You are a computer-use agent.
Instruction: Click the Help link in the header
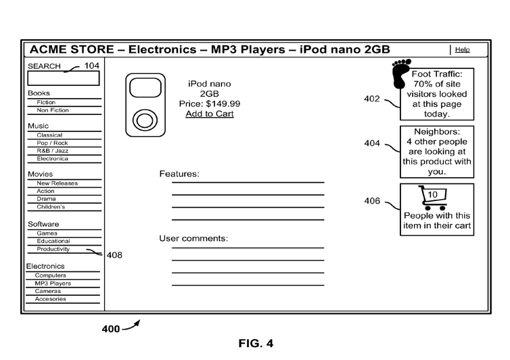(x=462, y=49)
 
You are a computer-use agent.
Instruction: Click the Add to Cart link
(x=210, y=114)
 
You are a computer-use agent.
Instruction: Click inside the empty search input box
(x=64, y=78)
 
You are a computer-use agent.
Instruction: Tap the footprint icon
(x=400, y=74)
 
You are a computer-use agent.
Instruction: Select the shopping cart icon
(x=434, y=198)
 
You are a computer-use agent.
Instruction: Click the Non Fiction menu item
(x=53, y=110)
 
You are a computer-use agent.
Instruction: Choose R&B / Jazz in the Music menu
(x=52, y=151)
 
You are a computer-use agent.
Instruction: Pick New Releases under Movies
(x=57, y=183)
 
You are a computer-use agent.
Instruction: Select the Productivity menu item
(x=53, y=249)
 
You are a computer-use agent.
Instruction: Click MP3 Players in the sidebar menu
(x=53, y=283)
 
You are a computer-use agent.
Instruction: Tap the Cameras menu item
(x=48, y=291)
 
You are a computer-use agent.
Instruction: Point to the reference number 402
(x=372, y=99)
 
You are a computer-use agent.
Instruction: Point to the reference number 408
(x=114, y=255)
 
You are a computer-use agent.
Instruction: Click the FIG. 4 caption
(x=256, y=343)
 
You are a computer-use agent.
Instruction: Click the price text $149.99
(x=223, y=104)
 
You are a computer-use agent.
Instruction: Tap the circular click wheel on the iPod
(x=145, y=120)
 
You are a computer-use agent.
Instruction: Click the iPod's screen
(x=145, y=87)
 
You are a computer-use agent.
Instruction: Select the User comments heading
(x=193, y=238)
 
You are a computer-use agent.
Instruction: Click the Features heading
(x=179, y=174)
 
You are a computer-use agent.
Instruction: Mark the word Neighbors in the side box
(x=436, y=131)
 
